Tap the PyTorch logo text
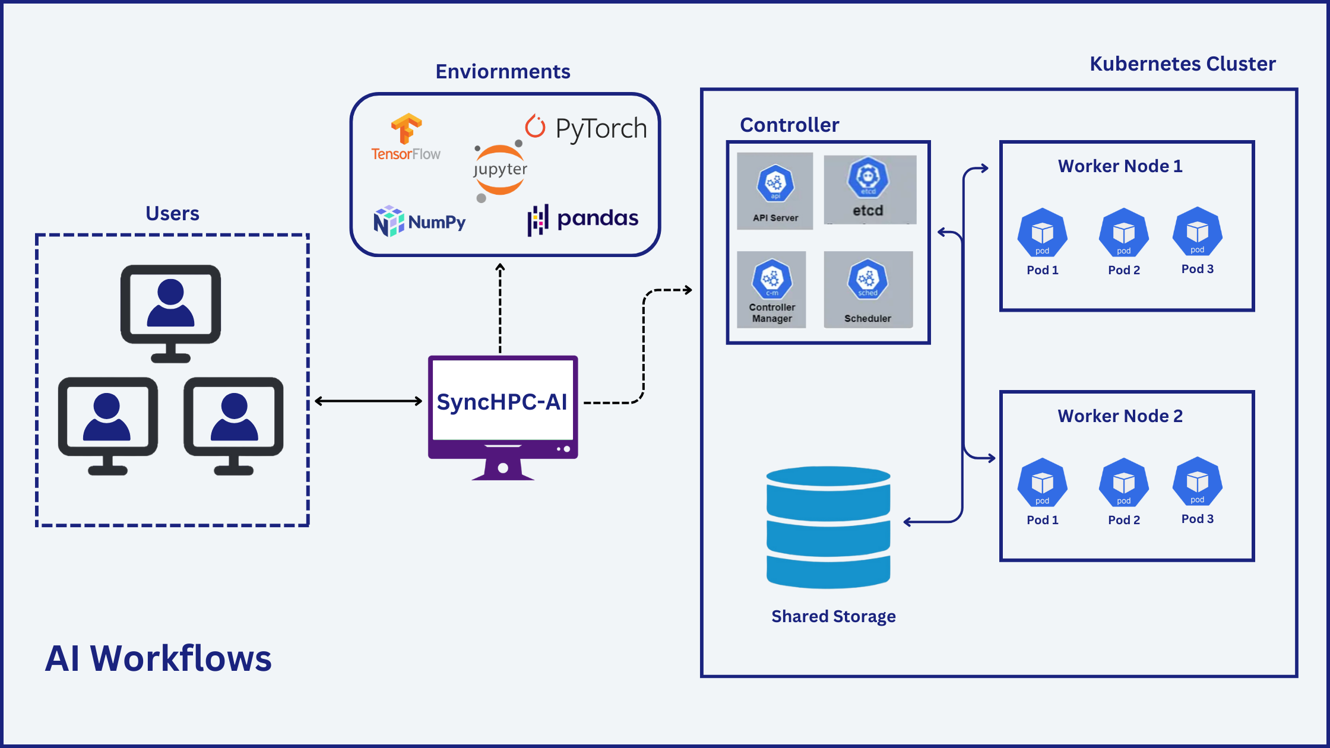600,128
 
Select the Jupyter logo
500,170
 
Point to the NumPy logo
419,221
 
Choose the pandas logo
583,219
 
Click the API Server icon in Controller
775,184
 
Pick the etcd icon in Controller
868,178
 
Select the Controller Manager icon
771,279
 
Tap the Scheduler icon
867,279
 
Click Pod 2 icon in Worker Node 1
1123,233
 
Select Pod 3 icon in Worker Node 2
1197,481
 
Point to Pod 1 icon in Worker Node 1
1042,233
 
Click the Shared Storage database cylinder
828,527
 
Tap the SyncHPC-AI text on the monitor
502,402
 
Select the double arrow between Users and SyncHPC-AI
368,401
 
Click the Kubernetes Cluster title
1182,64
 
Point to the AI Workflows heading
158,658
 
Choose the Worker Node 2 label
1120,416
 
